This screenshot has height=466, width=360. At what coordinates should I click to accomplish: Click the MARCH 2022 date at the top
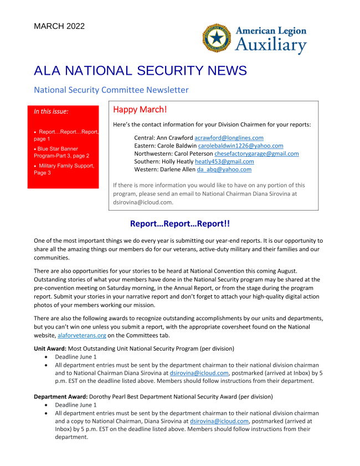click(59, 26)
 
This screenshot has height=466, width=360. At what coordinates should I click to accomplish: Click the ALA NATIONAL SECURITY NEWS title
click(132, 71)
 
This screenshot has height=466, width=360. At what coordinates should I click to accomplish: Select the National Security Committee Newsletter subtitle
click(111, 90)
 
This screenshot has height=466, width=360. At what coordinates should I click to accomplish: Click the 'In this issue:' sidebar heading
click(51, 111)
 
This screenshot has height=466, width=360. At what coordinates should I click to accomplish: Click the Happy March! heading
click(140, 110)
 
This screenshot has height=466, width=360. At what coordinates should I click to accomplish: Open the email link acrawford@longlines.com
click(229, 137)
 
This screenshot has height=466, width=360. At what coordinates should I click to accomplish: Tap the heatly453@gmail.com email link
click(224, 161)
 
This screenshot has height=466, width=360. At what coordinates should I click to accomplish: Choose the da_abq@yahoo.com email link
click(224, 170)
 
